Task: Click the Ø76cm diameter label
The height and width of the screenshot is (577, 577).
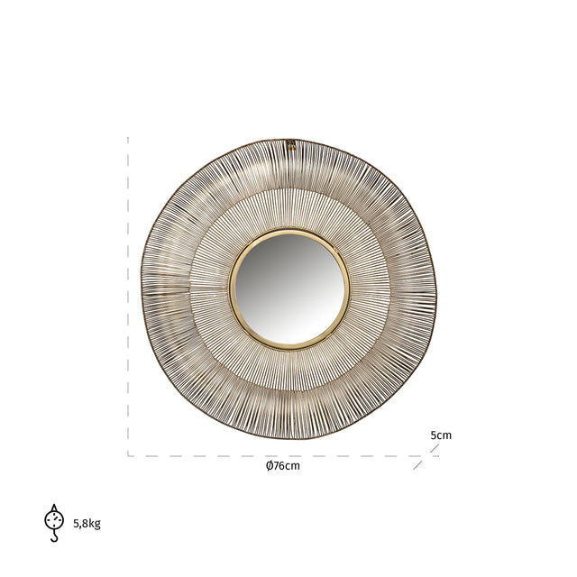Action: tap(282, 466)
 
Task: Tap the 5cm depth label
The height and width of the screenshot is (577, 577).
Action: tap(441, 435)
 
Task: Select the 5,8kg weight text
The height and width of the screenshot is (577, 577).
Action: tap(87, 524)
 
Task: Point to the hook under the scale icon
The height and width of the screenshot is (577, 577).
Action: tap(54, 537)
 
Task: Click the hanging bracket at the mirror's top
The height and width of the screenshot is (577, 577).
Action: tap(291, 143)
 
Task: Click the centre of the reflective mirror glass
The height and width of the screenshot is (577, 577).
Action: tap(288, 288)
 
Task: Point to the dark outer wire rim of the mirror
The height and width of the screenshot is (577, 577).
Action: tap(143, 288)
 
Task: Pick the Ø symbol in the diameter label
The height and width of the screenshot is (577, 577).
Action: tap(270, 466)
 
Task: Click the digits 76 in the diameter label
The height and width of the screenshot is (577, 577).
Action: tap(279, 466)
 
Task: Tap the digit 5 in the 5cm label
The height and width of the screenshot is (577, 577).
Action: tap(434, 435)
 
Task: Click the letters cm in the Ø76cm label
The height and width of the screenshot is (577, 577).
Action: tap(293, 466)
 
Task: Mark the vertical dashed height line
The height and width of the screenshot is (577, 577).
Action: tap(128, 298)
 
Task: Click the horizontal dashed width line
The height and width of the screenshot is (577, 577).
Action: tap(270, 455)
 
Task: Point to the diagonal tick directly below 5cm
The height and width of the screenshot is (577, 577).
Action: tap(435, 448)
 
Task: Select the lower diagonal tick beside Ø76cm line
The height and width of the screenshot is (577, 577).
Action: tap(417, 465)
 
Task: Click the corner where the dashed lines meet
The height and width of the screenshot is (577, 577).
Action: tap(128, 455)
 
